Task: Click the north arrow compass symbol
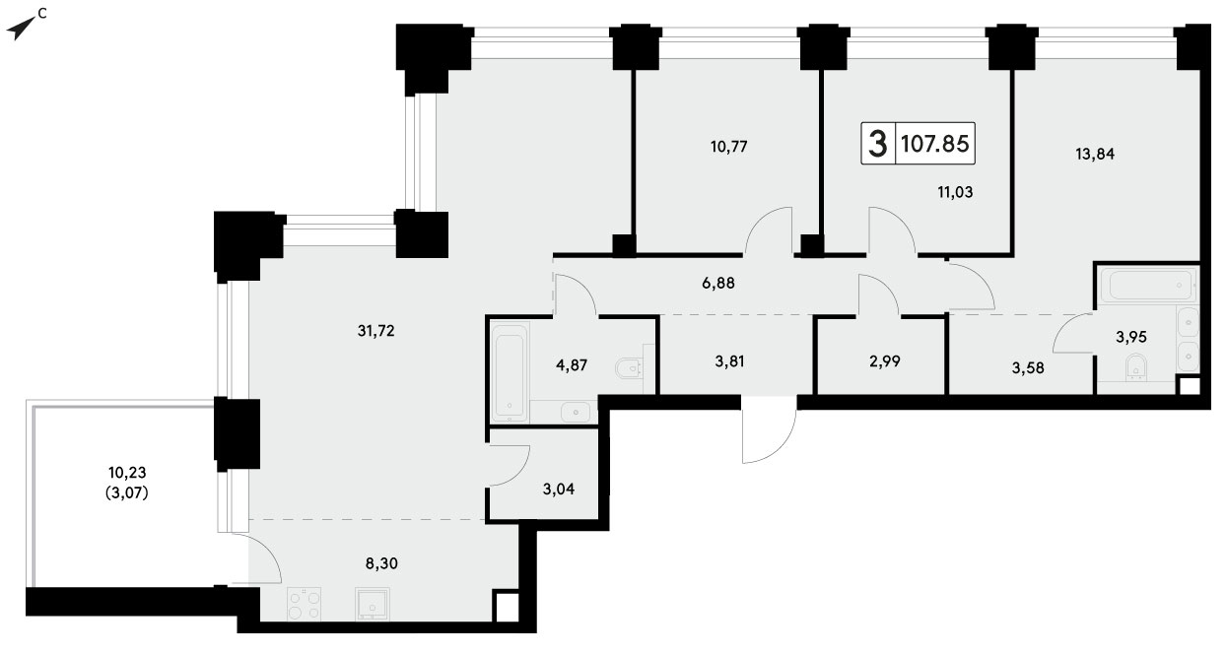(x=22, y=27)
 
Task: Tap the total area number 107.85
(x=935, y=144)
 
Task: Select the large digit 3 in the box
(x=878, y=144)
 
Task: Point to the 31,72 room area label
(x=376, y=331)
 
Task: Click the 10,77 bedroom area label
(x=729, y=147)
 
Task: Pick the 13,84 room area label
(x=1095, y=155)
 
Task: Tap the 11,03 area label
(x=955, y=192)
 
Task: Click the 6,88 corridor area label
(x=718, y=284)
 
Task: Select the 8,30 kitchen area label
(x=381, y=563)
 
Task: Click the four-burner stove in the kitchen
(x=304, y=605)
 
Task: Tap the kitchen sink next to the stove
(x=373, y=605)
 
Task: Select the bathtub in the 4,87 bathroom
(x=510, y=372)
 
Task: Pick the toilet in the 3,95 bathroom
(x=1136, y=367)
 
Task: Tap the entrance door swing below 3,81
(x=769, y=429)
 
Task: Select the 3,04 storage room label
(x=558, y=489)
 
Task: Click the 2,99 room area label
(x=884, y=361)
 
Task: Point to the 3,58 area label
(x=1028, y=368)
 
